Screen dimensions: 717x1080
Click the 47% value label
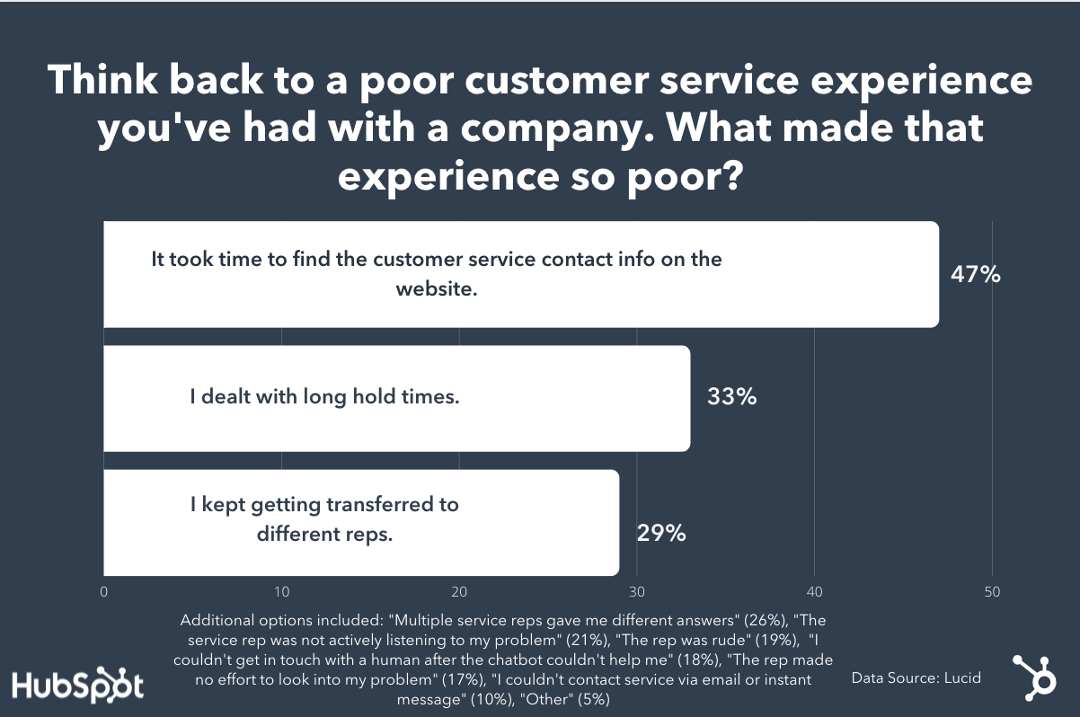(975, 274)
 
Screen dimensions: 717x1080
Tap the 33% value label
(731, 396)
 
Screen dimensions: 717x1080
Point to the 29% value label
(661, 533)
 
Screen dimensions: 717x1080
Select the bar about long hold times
(396, 398)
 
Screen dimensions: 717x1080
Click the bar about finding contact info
(521, 274)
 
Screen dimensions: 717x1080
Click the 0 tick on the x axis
(104, 592)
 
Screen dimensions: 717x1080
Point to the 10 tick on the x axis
(281, 592)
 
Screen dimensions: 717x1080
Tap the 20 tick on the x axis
(459, 592)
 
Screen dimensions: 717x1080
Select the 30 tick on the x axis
(637, 592)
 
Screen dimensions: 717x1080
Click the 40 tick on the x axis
(814, 592)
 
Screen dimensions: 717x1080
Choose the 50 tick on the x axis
(992, 592)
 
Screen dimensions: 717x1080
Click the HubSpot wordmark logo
(77, 685)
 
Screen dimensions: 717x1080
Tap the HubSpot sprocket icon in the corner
(1034, 676)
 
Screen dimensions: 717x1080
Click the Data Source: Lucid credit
(916, 677)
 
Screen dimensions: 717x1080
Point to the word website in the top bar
(436, 289)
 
